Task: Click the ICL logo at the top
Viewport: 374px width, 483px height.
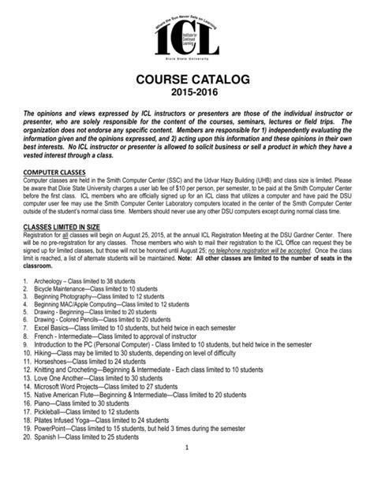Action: (x=187, y=34)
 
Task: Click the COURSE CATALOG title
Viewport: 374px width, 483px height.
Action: (x=187, y=80)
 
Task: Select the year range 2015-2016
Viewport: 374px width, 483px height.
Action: (x=187, y=95)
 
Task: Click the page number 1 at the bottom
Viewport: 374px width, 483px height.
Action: (x=187, y=471)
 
